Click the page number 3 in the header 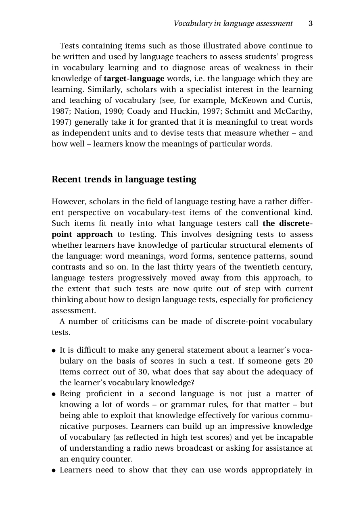click(311, 23)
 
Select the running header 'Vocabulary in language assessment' click(233, 23)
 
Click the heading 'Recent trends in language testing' click(124, 180)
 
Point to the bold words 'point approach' click(82, 234)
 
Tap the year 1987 click(60, 111)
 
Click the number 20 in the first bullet click(308, 361)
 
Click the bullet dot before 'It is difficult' click(54, 351)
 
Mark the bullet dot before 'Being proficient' click(54, 394)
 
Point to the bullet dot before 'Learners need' click(54, 470)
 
